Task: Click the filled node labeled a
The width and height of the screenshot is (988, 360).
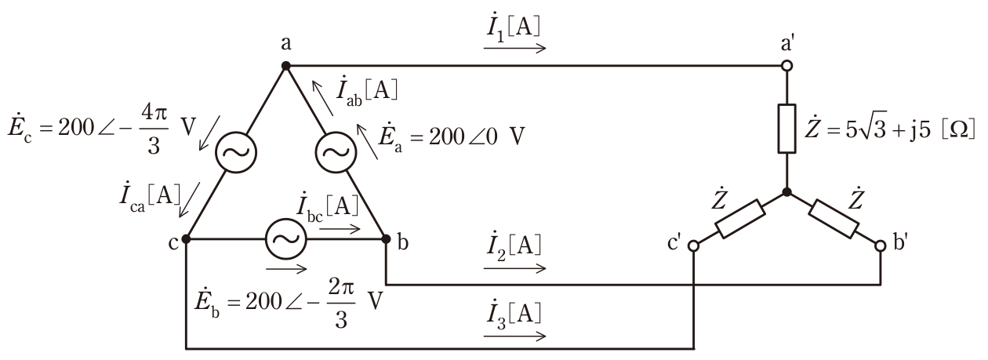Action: coord(285,66)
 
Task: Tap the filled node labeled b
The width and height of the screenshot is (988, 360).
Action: coord(386,239)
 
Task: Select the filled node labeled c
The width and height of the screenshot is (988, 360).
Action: coord(186,239)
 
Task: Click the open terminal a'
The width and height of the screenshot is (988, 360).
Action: coord(787,66)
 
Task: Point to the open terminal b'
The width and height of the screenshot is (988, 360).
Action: coord(881,245)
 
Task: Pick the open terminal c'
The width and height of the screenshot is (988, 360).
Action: coord(693,245)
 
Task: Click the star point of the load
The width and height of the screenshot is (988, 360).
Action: coord(787,192)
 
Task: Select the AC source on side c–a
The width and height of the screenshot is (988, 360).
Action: coord(236,152)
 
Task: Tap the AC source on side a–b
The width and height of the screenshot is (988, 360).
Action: coord(336,152)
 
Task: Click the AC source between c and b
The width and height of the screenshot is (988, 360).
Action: coord(285,239)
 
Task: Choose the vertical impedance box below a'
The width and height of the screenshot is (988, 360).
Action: coord(787,129)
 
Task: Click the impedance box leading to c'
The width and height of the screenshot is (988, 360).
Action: coord(740,219)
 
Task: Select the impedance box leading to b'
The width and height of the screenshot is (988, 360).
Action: coord(834,219)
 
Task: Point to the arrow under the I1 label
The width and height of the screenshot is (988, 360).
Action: coord(514,48)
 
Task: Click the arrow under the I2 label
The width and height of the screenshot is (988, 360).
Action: coord(514,267)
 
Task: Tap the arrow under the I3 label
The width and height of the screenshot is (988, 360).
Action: coord(514,336)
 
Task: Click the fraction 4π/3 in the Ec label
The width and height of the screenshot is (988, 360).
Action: coord(154,129)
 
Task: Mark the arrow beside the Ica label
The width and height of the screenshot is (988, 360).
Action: coord(189,200)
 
